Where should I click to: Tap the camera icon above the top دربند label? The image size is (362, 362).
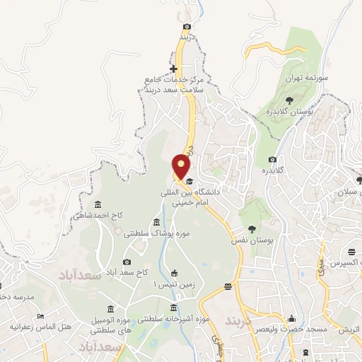185,25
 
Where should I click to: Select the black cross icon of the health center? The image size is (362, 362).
174,69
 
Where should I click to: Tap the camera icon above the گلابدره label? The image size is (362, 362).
273,159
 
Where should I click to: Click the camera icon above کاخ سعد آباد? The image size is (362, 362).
127,262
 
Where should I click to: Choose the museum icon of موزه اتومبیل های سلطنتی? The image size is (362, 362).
110,309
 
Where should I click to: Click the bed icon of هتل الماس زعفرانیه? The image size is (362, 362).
41,316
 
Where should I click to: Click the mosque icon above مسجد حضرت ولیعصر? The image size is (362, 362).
291,319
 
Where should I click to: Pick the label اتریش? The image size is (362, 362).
346,330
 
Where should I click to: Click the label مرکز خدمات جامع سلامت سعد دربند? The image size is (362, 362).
174,86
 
